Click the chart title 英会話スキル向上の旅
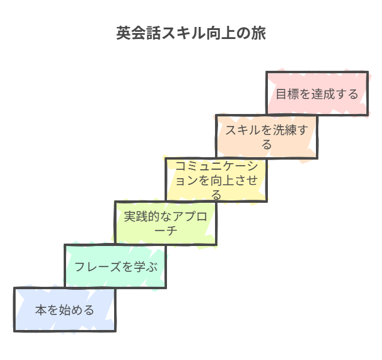191,33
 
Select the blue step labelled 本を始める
64,310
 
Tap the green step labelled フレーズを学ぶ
115,266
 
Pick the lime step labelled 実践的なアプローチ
165,223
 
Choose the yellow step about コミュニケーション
216,179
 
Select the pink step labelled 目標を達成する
317,94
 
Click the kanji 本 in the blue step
40,310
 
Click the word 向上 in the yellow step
223,180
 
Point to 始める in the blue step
77,310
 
